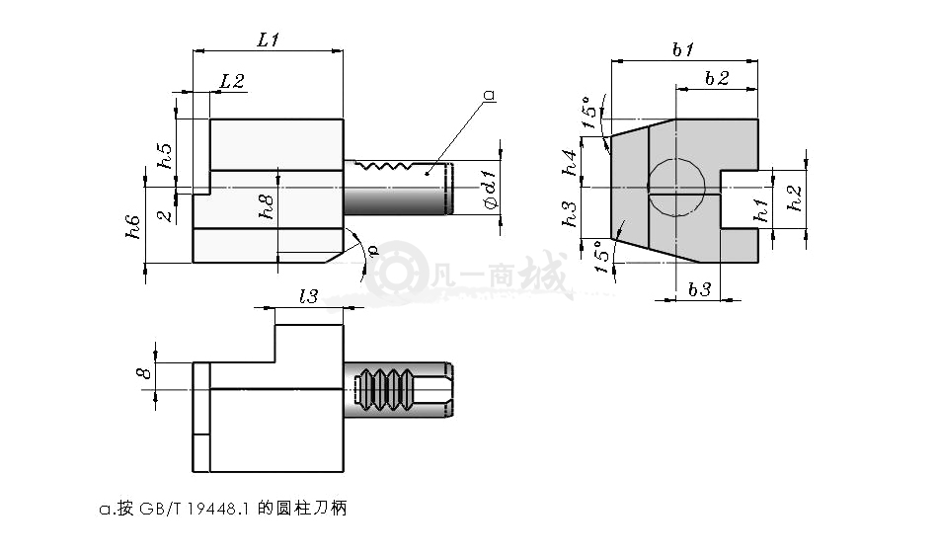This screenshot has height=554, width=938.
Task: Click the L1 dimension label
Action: [x=269, y=40]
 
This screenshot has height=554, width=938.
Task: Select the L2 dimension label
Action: [x=232, y=81]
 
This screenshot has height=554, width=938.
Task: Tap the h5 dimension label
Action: [x=165, y=156]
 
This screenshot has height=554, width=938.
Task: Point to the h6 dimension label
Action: [x=133, y=227]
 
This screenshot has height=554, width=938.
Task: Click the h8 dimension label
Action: [x=267, y=206]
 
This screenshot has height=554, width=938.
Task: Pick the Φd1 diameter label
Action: [x=490, y=190]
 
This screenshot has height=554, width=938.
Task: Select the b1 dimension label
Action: [x=683, y=49]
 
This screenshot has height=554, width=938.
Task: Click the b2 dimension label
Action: [x=717, y=78]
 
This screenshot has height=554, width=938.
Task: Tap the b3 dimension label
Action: [x=699, y=289]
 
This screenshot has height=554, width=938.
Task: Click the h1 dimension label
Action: [x=761, y=210]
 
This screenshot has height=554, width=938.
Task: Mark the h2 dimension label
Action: [x=795, y=198]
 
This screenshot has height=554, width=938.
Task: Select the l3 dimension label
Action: [x=308, y=295]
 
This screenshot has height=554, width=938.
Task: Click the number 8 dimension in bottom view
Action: [x=145, y=372]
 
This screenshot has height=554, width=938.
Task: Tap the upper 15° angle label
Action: [x=591, y=113]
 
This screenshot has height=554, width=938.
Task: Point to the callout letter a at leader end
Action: [x=490, y=95]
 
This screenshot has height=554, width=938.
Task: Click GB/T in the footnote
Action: [x=160, y=509]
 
